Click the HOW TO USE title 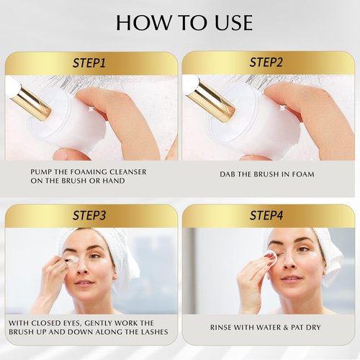tap(184, 22)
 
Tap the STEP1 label tap(89, 63)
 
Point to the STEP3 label tap(89, 215)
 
